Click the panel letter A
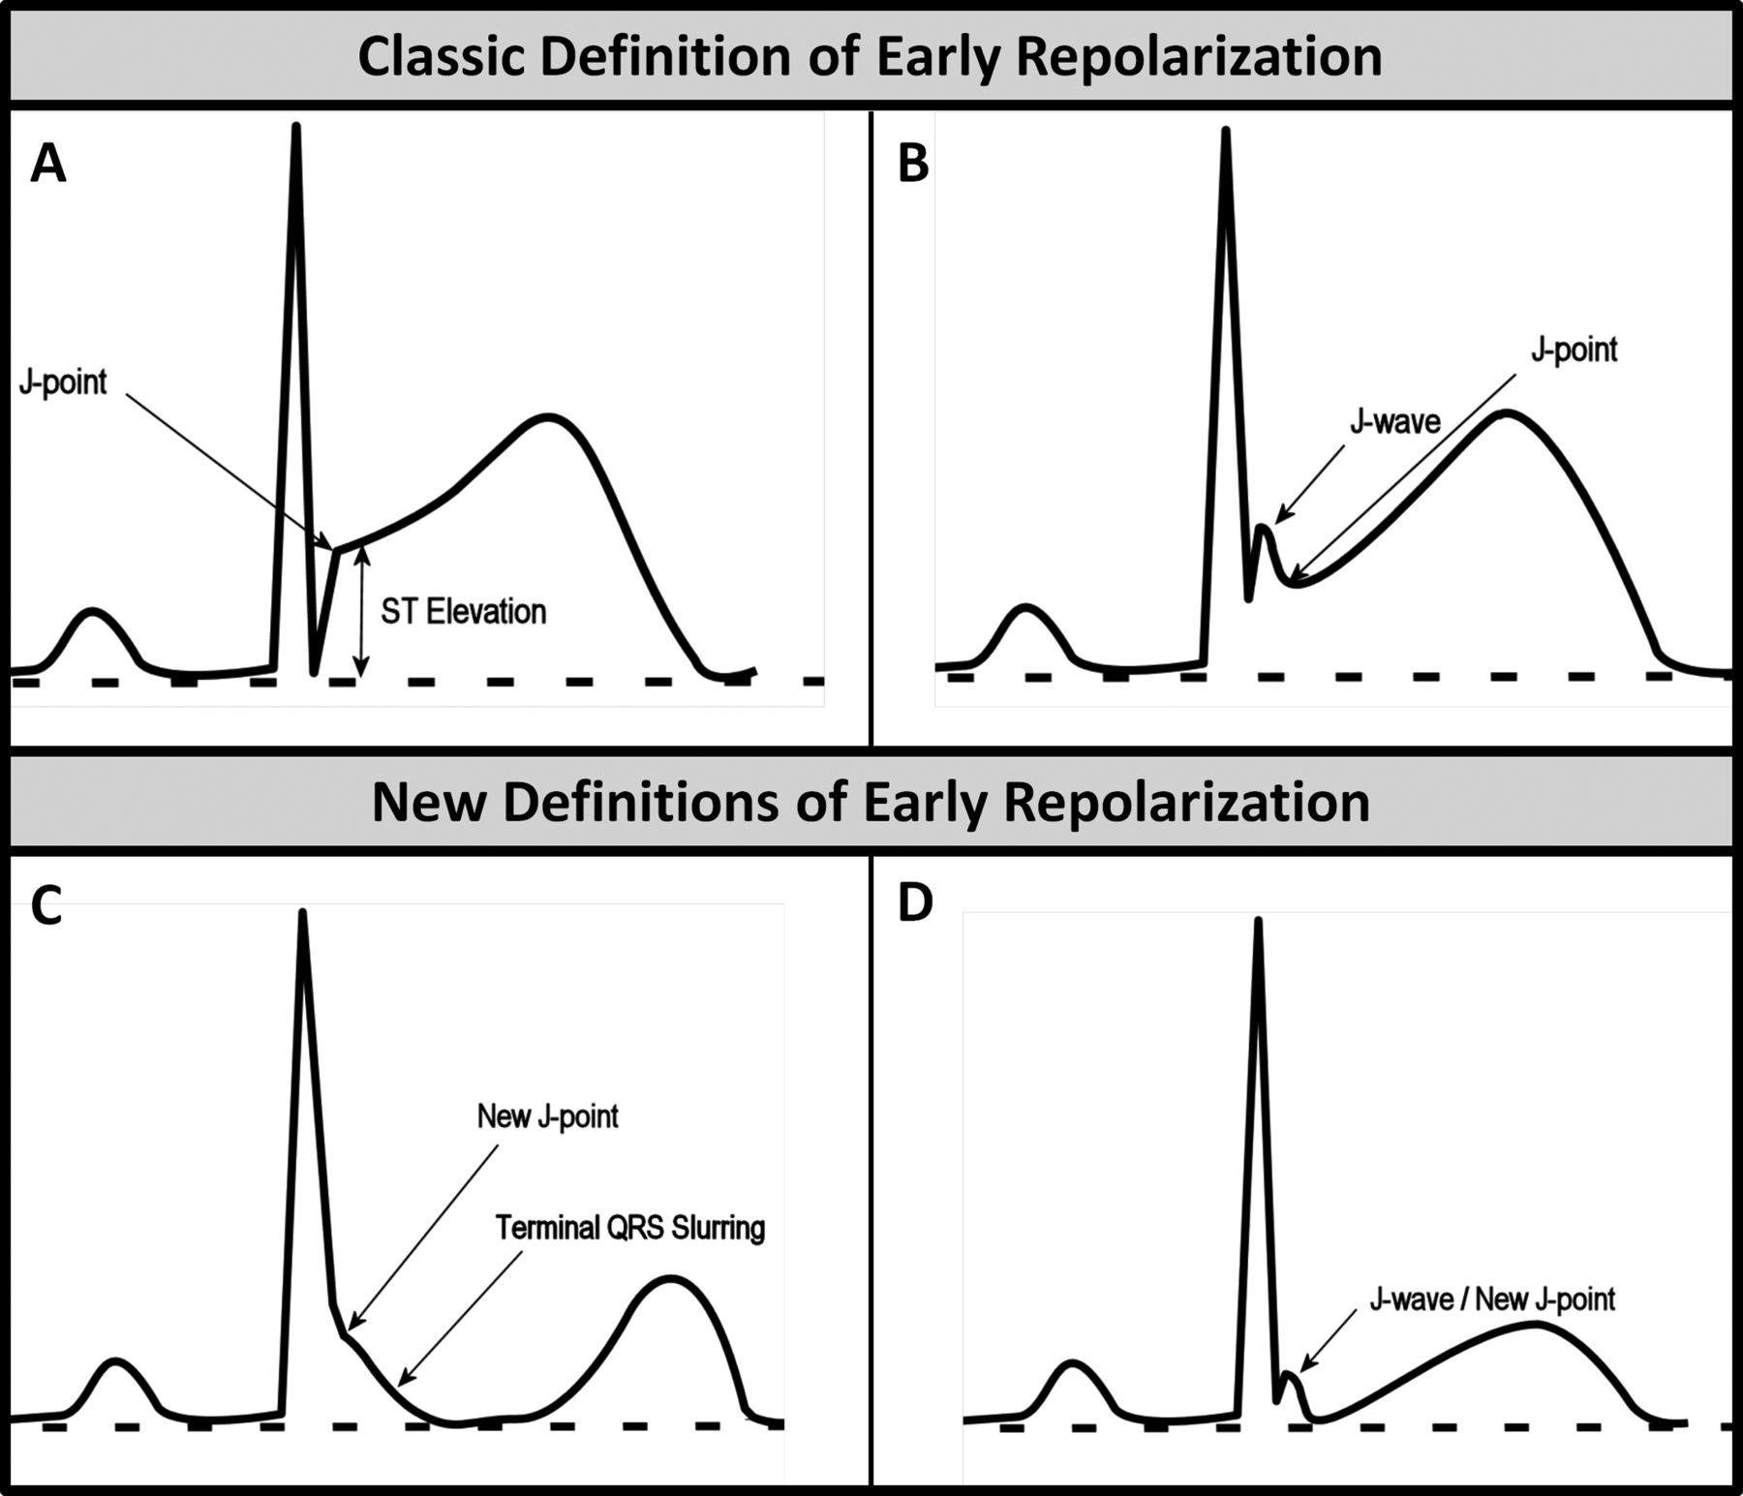click(48, 163)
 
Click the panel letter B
click(913, 163)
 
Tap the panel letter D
click(915, 901)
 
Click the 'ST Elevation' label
click(464, 612)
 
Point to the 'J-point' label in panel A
click(63, 382)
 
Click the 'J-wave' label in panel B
click(1395, 421)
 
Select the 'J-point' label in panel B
click(1574, 351)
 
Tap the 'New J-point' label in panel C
click(547, 1116)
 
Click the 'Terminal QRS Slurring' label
click(630, 1228)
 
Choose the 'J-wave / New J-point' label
click(1492, 1298)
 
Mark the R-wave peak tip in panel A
click(296, 126)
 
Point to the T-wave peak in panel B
click(1507, 413)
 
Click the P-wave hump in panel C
click(116, 1362)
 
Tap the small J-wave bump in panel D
click(1289, 1375)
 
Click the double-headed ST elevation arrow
click(361, 611)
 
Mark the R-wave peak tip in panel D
click(1258, 920)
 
